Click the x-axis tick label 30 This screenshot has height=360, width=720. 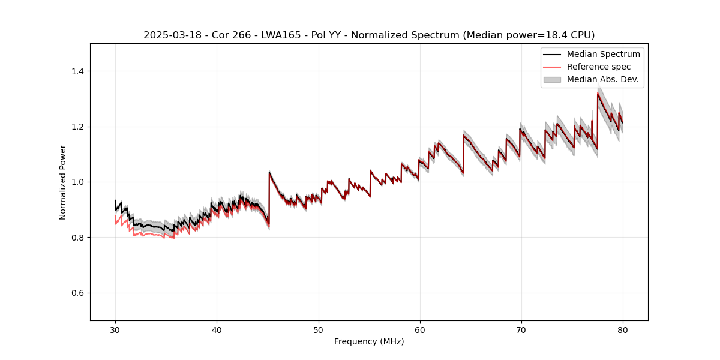point(115,330)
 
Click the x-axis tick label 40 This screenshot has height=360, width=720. point(217,330)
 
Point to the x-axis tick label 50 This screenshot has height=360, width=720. point(318,330)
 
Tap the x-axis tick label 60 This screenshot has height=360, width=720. point(419,330)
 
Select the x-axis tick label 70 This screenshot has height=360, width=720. point(521,330)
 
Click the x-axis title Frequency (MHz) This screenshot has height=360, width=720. point(369,341)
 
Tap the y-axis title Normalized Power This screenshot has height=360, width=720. point(62,182)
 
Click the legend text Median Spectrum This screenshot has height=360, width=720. point(603,54)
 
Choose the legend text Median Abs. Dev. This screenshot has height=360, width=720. point(602,79)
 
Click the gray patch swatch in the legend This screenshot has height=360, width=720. point(552,79)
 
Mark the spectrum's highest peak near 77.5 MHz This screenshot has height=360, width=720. point(598,93)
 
